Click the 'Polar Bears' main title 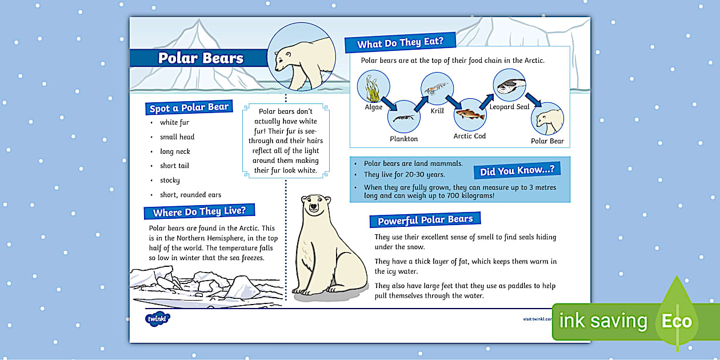[201, 58]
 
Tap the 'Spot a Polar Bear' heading [189, 107]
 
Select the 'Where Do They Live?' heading [199, 211]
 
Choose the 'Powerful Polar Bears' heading [425, 220]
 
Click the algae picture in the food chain [373, 87]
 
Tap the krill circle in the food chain [437, 89]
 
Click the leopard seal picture [509, 85]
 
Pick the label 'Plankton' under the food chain [403, 139]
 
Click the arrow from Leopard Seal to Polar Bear [534, 99]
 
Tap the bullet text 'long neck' [175, 151]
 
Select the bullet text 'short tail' [174, 166]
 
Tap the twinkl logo [158, 318]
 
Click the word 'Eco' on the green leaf [677, 321]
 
